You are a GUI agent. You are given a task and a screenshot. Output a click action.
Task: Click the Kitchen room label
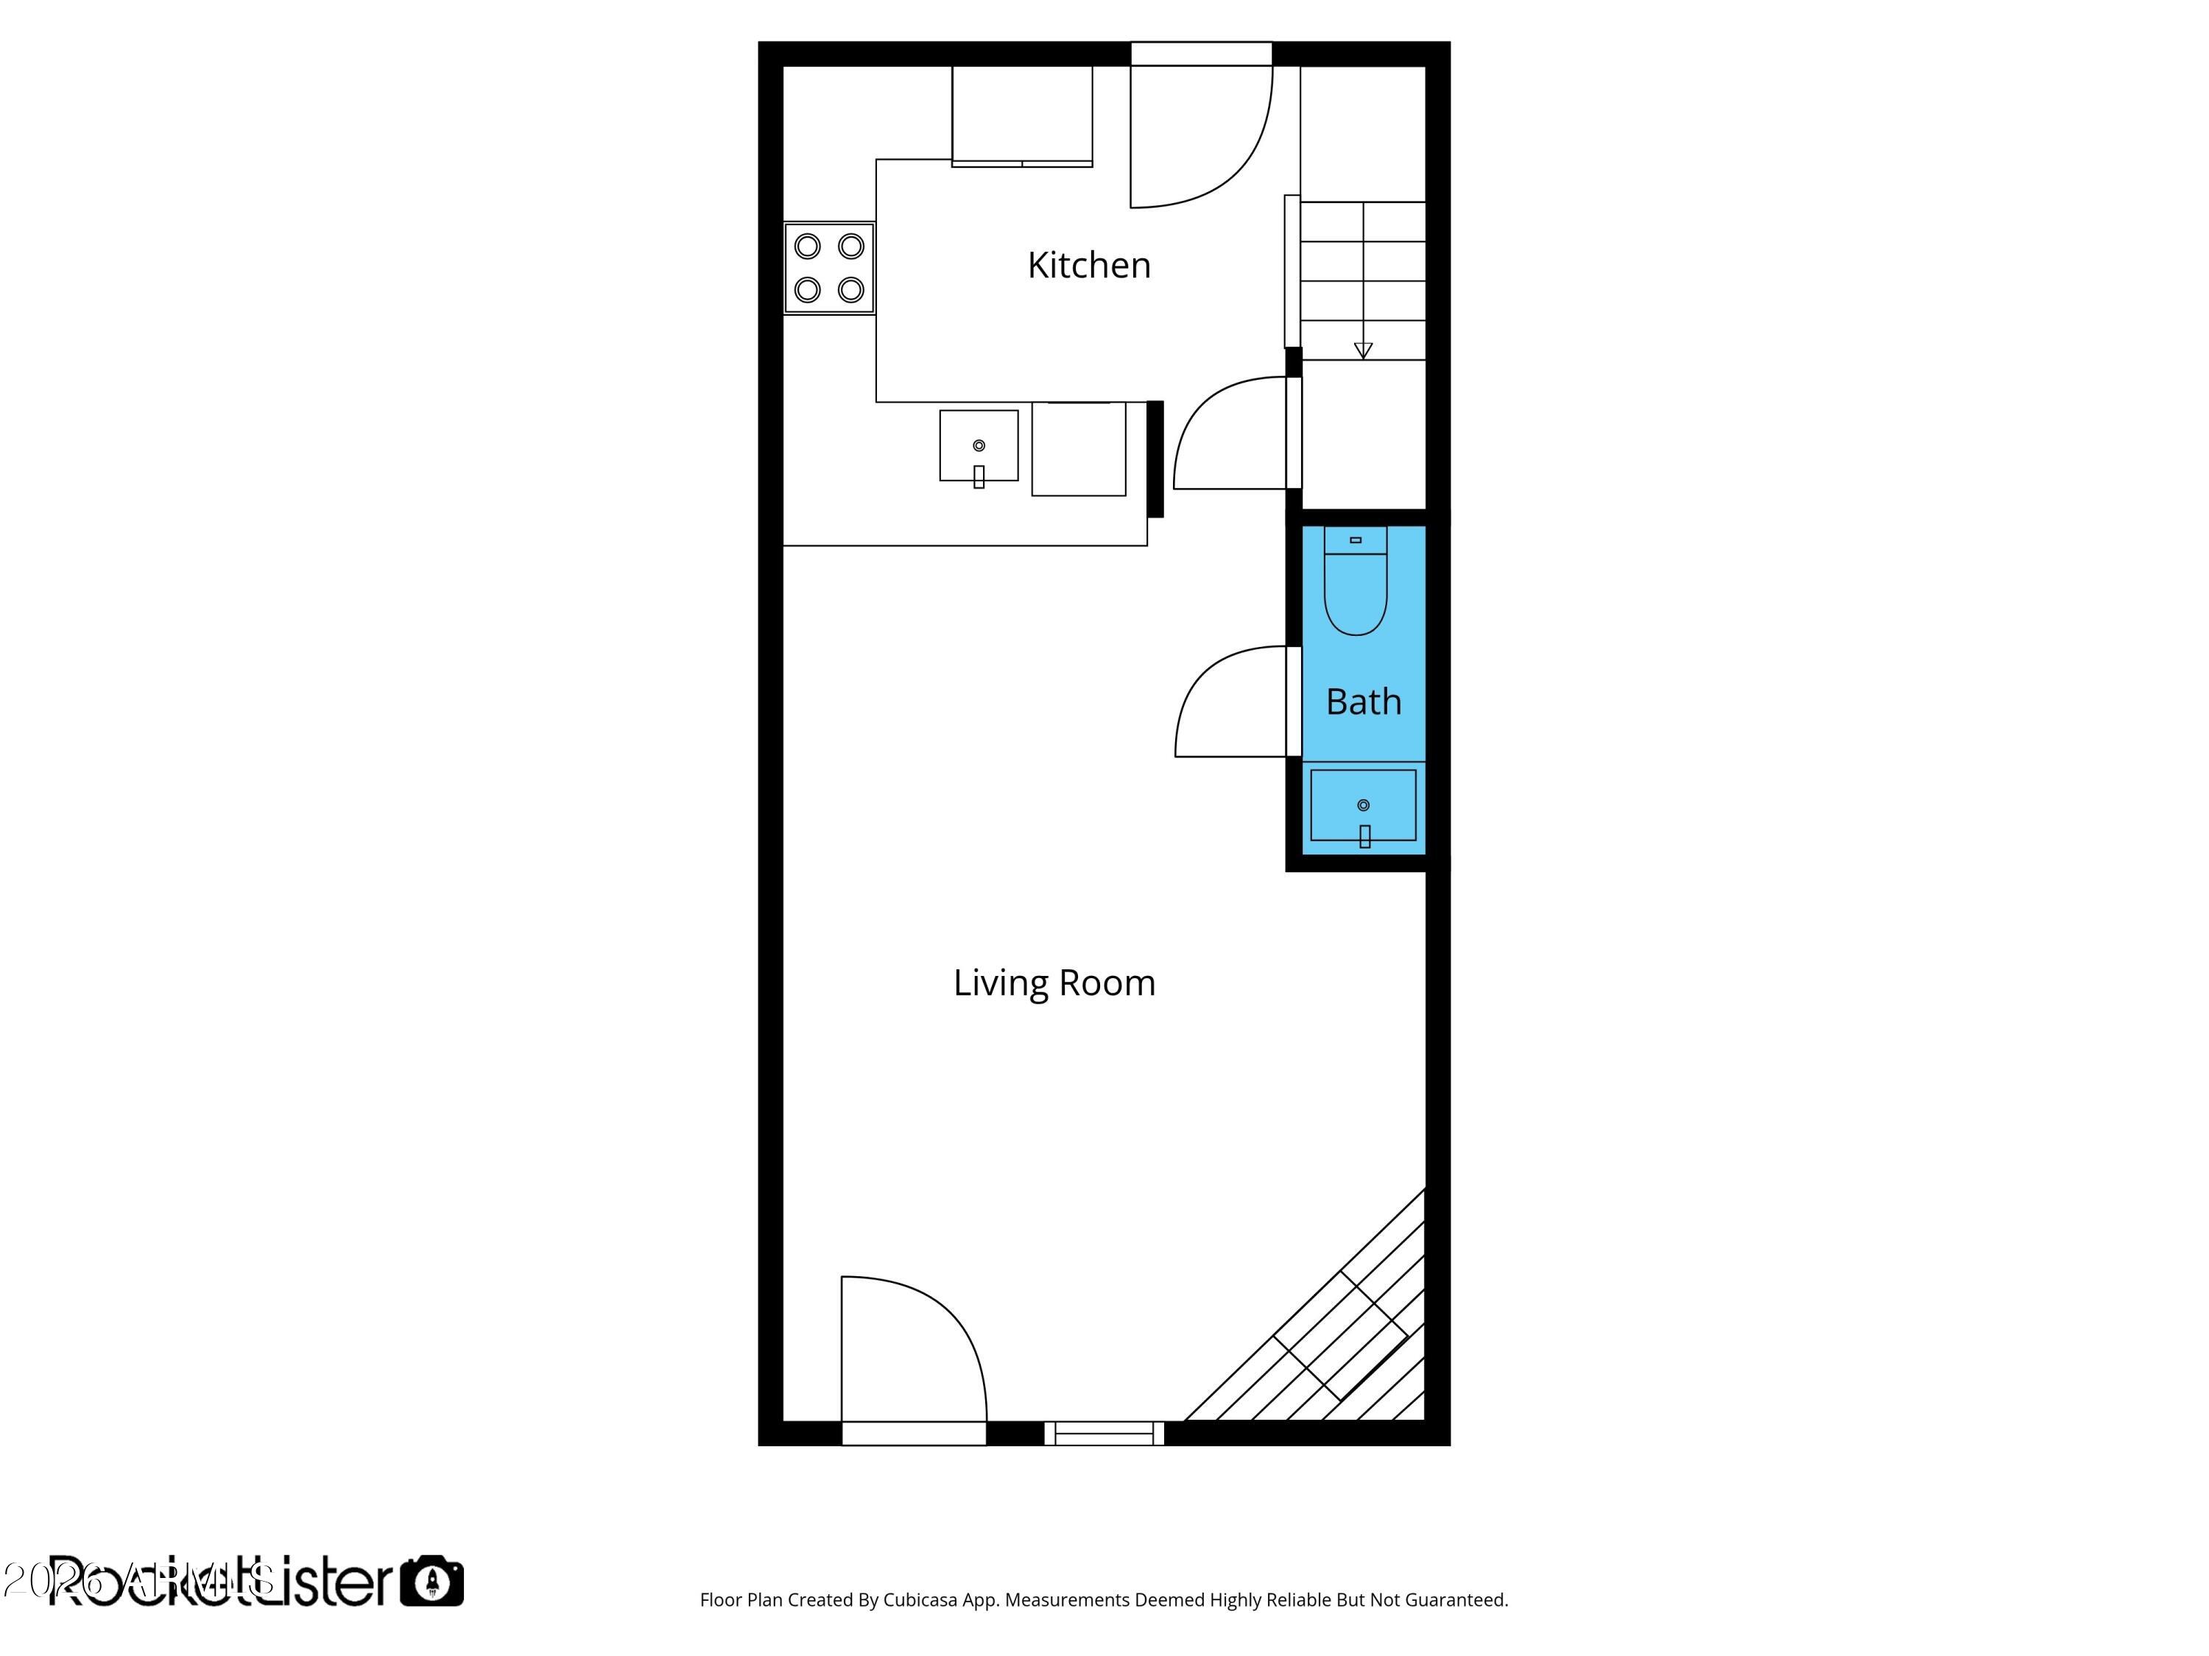[1088, 266]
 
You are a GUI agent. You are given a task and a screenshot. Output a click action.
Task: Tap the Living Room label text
[1054, 983]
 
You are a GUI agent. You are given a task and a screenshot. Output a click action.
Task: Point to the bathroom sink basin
[1363, 804]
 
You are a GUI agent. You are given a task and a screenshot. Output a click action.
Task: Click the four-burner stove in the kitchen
[829, 267]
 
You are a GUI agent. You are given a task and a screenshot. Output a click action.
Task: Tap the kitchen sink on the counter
[979, 446]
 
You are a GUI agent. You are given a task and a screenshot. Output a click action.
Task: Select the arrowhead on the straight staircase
[1363, 350]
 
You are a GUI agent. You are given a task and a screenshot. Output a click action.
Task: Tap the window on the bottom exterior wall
[1104, 1434]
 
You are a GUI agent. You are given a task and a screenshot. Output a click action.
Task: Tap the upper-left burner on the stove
[808, 246]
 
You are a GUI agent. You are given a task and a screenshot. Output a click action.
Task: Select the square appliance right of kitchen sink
[1079, 449]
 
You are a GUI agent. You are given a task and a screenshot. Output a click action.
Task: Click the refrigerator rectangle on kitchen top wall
[1021, 114]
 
